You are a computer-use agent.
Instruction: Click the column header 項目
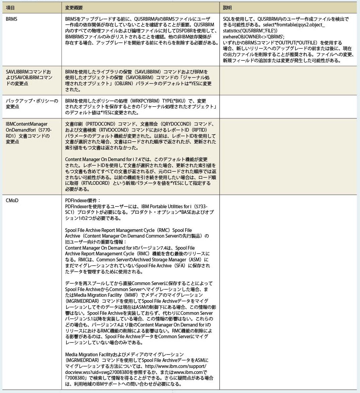10,8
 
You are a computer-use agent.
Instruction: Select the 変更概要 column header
74,8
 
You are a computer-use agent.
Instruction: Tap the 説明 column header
227,8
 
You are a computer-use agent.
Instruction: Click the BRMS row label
12,19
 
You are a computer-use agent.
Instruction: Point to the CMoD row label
12,201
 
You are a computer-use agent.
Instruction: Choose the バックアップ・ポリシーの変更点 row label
32,104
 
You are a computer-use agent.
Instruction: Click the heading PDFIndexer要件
83,201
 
